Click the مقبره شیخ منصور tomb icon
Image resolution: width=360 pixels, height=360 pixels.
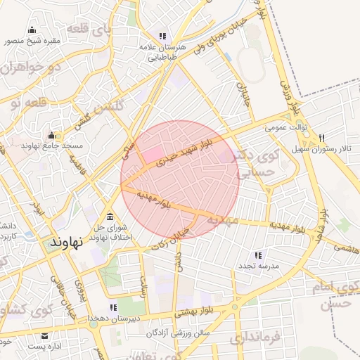pos(32,30)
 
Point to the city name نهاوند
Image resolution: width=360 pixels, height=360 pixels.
pos(67,241)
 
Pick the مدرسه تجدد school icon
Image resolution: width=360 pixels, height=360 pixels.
pos(258,255)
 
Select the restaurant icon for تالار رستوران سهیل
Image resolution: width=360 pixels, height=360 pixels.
pos(322,138)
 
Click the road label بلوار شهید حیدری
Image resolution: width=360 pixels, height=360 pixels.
pos(178,153)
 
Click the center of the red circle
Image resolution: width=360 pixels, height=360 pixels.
pos(181,180)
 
